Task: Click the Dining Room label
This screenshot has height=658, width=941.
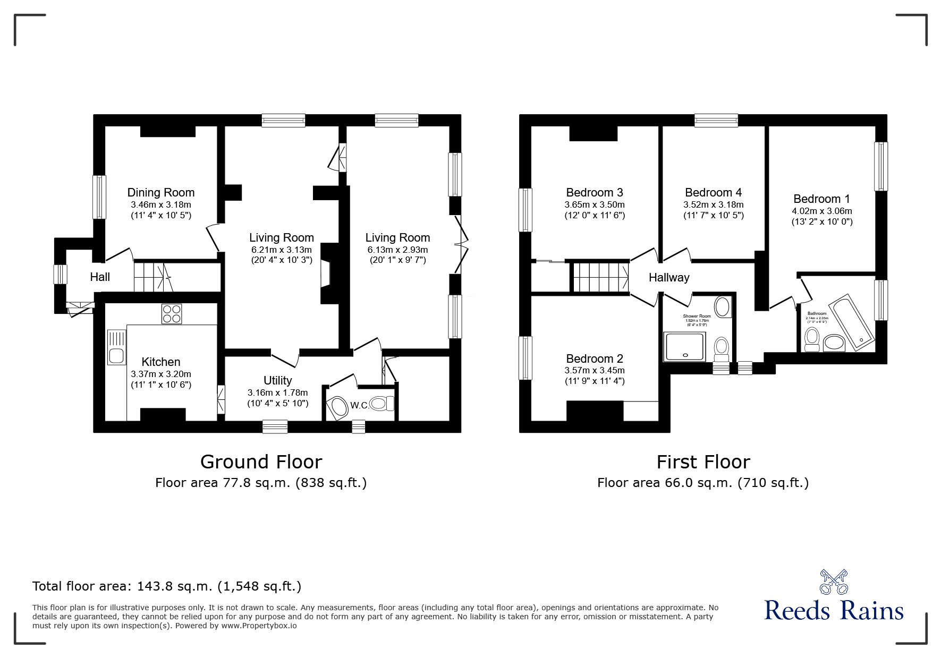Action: point(160,192)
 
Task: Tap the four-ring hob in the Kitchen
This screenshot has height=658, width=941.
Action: point(171,313)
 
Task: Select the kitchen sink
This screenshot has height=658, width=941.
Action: point(116,347)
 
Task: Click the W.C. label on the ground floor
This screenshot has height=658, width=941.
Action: point(359,406)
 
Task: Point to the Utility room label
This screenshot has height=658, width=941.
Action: point(277,380)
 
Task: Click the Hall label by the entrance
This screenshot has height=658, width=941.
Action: point(100,277)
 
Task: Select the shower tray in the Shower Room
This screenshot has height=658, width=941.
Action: point(684,346)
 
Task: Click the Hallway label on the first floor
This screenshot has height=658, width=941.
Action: point(668,277)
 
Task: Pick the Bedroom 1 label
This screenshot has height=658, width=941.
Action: point(821,199)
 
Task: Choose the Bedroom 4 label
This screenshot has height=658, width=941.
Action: point(713,192)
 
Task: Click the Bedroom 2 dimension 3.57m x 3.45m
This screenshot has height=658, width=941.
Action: point(594,370)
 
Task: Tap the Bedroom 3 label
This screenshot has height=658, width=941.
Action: point(594,192)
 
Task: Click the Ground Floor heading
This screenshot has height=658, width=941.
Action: point(261,462)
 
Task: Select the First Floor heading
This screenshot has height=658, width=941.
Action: point(703,462)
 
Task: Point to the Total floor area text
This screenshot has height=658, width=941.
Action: point(167,586)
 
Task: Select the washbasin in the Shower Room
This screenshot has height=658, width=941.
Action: point(722,306)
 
